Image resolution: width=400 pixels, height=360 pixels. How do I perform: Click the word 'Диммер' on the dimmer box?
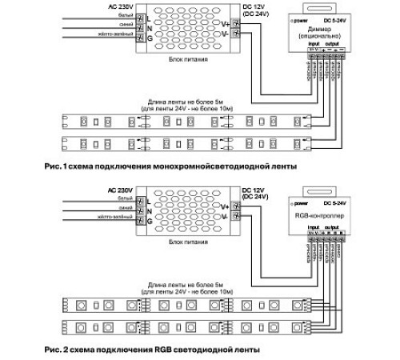click(316, 28)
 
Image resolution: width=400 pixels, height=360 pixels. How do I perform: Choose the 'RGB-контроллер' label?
click(319, 216)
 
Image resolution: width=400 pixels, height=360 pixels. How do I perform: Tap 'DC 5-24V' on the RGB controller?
click(334, 205)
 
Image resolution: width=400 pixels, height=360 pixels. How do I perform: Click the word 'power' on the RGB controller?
click(300, 205)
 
